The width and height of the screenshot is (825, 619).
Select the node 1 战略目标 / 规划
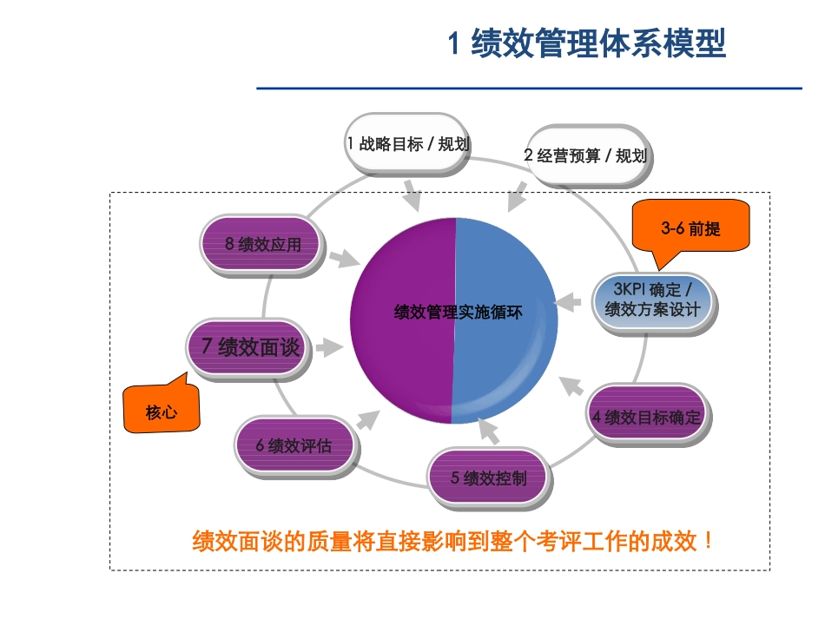407,143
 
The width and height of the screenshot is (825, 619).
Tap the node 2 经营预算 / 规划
587,155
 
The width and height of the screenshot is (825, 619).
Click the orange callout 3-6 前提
690,228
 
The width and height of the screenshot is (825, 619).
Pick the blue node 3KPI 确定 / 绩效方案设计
653,300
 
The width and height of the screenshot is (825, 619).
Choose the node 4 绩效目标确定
647,417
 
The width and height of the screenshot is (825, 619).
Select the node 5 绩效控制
489,478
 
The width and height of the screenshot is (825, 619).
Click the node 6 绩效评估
295,446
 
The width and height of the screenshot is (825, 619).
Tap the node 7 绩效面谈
250,347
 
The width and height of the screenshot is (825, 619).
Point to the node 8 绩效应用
262,244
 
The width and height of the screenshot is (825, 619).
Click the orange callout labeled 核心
162,407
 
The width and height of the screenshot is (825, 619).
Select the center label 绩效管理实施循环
458,313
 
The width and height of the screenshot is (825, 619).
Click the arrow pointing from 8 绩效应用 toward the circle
345,258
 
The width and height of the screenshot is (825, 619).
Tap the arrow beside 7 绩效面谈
329,346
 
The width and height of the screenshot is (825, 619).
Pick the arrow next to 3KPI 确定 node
567,302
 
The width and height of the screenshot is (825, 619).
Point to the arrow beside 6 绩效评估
368,419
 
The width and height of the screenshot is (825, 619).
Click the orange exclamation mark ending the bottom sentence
709,541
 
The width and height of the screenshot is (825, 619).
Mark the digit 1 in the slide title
453,43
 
